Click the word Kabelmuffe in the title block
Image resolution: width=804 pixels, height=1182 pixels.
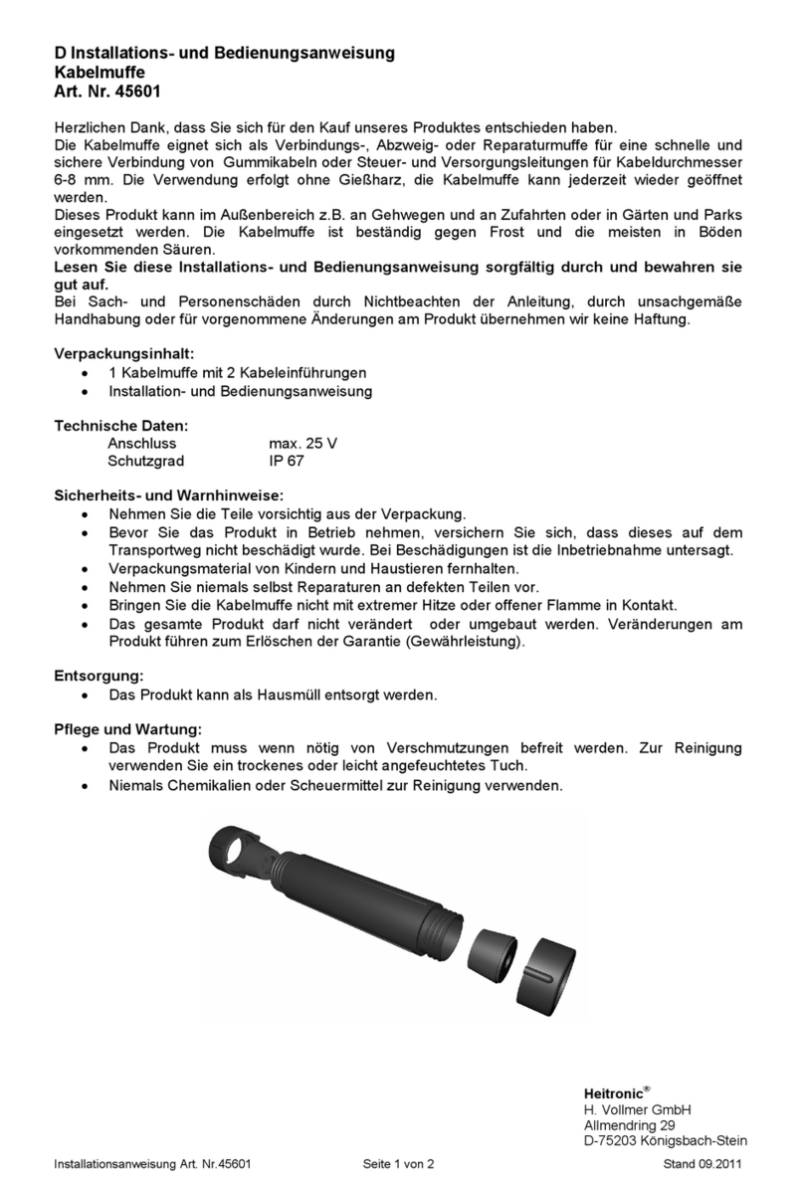tap(99, 72)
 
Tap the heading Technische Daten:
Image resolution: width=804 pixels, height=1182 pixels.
tap(120, 426)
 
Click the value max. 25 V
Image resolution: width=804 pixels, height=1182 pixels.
tap(302, 444)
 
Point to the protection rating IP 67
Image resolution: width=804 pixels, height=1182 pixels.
tap(287, 462)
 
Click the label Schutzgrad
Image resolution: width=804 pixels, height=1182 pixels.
tap(145, 462)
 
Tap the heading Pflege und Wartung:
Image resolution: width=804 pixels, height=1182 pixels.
tap(127, 728)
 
